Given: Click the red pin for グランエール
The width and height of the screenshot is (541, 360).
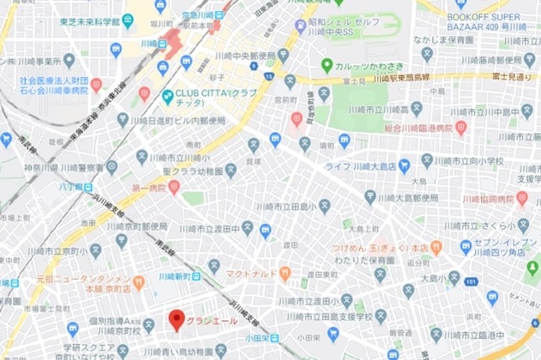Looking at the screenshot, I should coord(176,320).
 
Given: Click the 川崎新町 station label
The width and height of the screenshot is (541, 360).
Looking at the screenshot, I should coord(172,275).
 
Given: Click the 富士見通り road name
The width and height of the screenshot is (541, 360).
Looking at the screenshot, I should coord(514,77).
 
